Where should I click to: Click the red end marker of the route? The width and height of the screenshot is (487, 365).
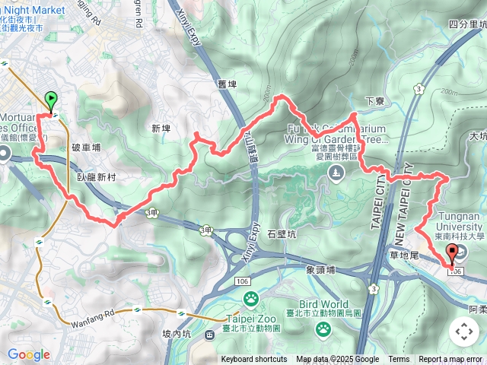pos(453,255)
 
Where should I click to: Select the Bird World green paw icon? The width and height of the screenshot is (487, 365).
pos(323,328)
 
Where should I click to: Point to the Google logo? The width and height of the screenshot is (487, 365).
pos(29,354)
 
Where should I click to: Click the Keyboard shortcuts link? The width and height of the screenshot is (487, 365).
pos(254,360)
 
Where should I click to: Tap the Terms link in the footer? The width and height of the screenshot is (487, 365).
pos(399,360)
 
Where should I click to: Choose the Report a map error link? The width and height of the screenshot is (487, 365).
pos(450,360)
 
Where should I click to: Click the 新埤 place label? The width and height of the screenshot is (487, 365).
pos(161,129)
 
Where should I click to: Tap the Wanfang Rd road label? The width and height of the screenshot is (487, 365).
pos(97,313)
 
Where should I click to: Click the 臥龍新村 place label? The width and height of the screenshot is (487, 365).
pos(95,175)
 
